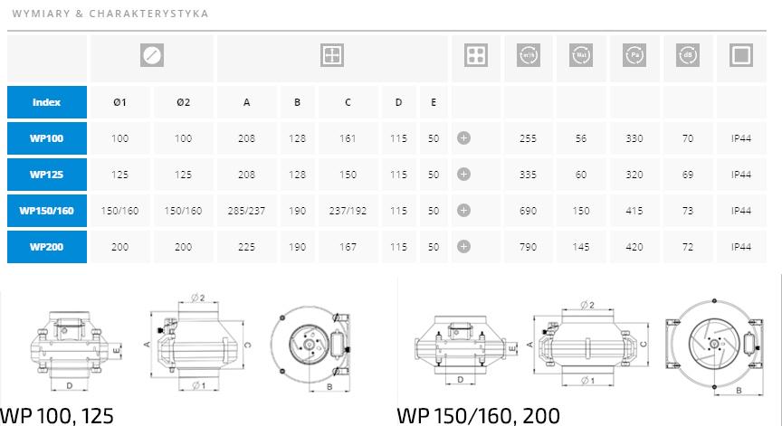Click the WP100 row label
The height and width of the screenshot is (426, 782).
[46, 138]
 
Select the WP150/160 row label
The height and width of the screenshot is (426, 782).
[46, 211]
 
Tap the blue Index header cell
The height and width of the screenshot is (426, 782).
[46, 102]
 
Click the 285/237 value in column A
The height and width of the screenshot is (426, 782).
[246, 211]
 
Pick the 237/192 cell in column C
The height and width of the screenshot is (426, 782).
[348, 211]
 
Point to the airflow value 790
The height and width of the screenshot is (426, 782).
[528, 247]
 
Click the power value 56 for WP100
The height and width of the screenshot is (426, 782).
[581, 138]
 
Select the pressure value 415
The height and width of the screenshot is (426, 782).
[634, 211]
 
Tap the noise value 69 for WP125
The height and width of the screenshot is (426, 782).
[688, 175]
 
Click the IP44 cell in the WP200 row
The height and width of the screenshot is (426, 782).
[741, 247]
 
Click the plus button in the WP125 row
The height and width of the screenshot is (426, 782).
[463, 175]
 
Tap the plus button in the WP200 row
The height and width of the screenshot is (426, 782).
[463, 247]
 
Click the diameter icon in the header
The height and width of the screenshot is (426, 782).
[152, 56]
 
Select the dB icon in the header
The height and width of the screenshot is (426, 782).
[688, 56]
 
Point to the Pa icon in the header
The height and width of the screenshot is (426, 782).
[634, 56]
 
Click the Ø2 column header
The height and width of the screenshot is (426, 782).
[184, 102]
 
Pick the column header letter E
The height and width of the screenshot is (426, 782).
[434, 102]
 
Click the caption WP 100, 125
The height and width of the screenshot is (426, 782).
[57, 415]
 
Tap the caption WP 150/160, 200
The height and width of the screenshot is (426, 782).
[478, 415]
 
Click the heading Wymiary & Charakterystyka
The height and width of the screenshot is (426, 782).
[110, 14]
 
